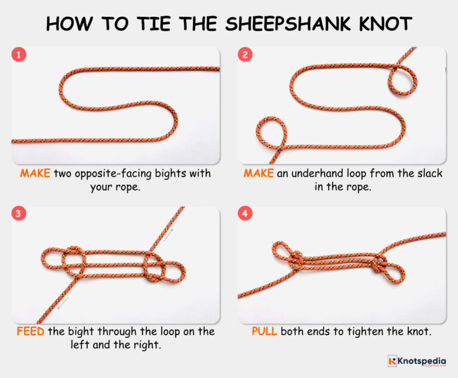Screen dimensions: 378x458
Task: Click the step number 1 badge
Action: tap(20, 55)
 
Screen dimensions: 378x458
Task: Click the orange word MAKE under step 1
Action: tap(35, 173)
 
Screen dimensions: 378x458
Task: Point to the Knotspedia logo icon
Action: tap(392, 361)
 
